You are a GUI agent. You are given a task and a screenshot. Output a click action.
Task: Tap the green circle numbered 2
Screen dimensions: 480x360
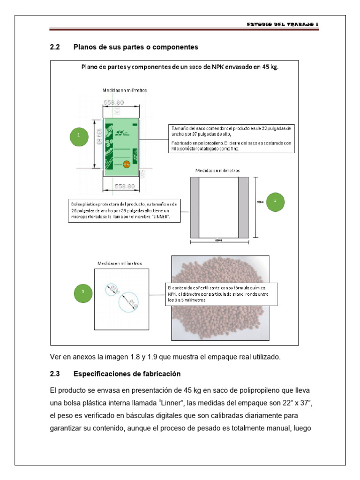276,200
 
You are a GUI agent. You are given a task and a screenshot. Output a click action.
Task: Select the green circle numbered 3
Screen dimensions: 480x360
83,292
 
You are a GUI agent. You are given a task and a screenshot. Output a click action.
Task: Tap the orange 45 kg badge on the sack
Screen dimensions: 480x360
126,164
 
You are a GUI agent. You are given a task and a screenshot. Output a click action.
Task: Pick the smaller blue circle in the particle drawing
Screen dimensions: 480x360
112,290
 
